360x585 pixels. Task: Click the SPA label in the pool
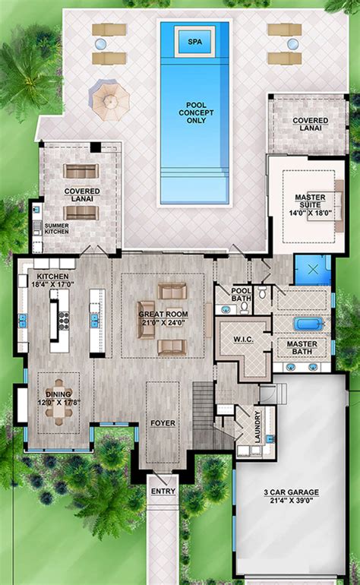[x=195, y=42]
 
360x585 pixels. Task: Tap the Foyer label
[x=162, y=417]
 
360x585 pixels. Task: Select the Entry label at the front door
[x=163, y=492]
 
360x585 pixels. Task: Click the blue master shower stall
[x=314, y=270]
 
